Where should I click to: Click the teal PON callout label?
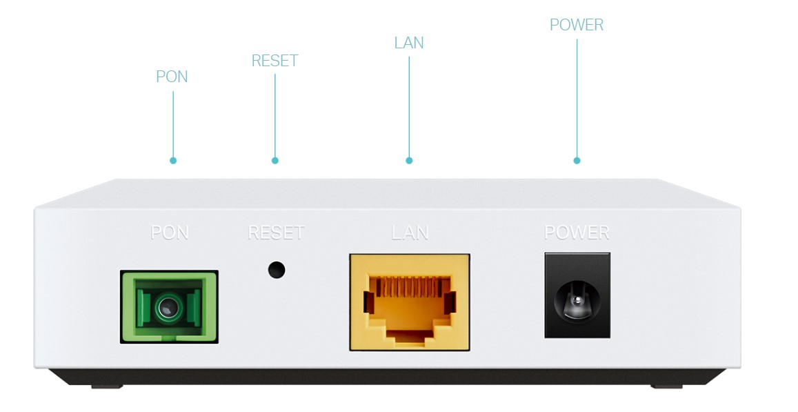coord(172,77)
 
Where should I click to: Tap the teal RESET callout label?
coord(275,61)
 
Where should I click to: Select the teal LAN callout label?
coord(409,43)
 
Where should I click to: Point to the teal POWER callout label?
coord(577,25)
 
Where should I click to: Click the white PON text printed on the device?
coord(170,233)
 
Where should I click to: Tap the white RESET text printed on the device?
coord(276,233)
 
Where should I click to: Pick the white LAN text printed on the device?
coord(410,233)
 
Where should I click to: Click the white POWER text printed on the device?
coord(577,233)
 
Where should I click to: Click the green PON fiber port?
coord(169,307)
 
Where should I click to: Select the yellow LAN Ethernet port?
coord(410,302)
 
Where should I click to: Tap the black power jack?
coord(577,295)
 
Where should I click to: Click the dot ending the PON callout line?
coord(173,161)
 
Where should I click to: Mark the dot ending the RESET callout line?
coord(275,161)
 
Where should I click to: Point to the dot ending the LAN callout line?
coord(409,161)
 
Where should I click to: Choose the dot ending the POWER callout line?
coord(577,161)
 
